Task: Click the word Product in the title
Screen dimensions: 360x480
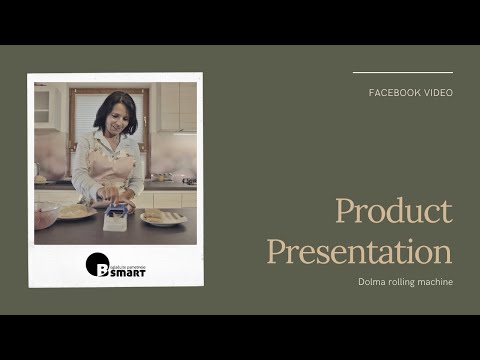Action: coord(393,212)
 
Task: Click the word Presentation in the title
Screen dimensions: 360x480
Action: coord(359,250)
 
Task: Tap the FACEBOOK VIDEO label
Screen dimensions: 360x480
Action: coord(410,93)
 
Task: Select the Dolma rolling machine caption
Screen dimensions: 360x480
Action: coord(405,282)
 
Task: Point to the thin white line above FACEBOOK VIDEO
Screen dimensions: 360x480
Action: coord(402,72)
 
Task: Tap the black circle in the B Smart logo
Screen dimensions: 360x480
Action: coord(97,264)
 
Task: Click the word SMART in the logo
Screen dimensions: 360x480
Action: coord(127,271)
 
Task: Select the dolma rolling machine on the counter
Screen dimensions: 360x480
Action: coord(116,216)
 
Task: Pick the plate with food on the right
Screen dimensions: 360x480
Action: coord(162,216)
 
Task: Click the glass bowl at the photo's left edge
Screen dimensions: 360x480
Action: coord(45,215)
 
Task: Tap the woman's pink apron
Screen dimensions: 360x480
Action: coord(112,165)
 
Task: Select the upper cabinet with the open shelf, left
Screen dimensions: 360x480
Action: coord(43,105)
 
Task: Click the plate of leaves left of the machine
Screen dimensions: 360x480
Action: coord(75,211)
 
